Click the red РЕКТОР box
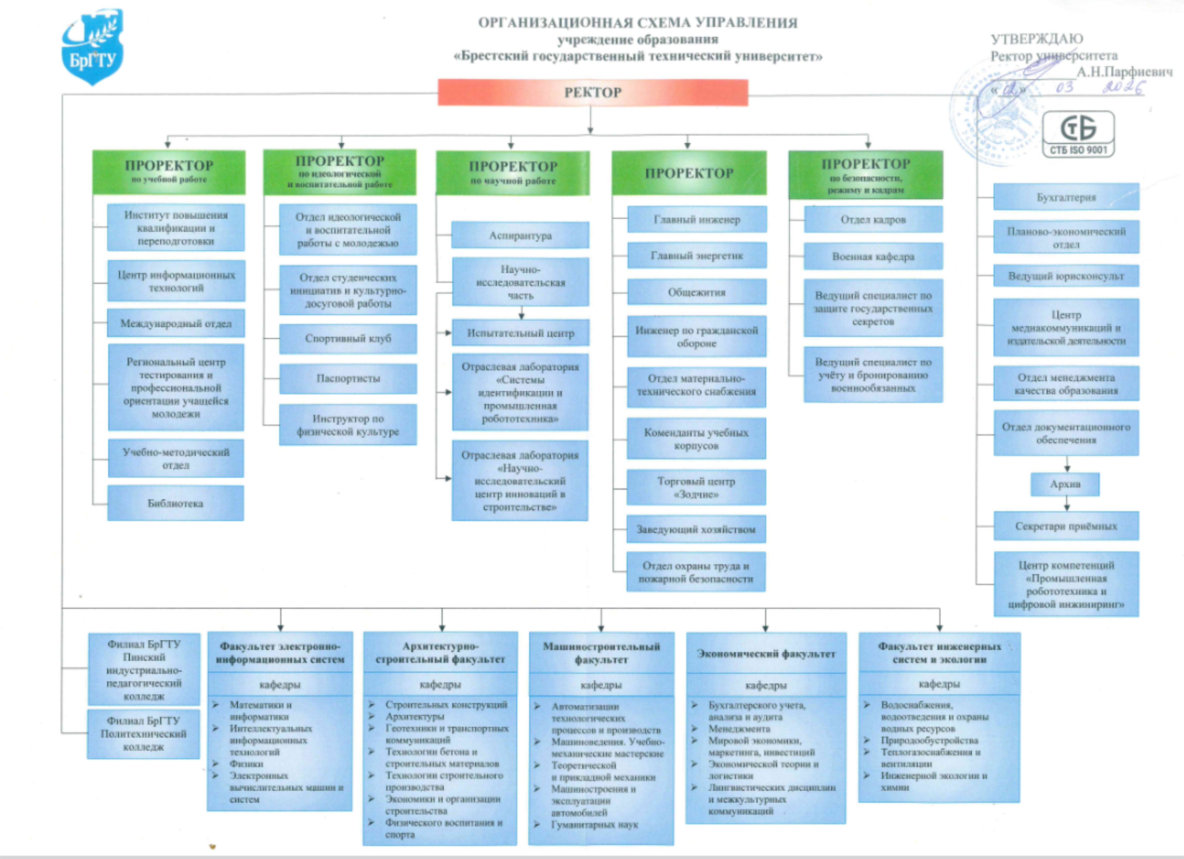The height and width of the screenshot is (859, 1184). pos(593,93)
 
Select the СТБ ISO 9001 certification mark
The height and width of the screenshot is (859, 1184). pos(1078,134)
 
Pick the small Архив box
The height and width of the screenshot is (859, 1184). pos(1065,484)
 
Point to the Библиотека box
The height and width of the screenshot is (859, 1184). pos(175,503)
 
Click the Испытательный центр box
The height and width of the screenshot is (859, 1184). pos(520,333)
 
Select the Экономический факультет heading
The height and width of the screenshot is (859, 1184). pos(766,654)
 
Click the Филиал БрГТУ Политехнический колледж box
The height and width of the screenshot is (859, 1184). pos(144,734)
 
